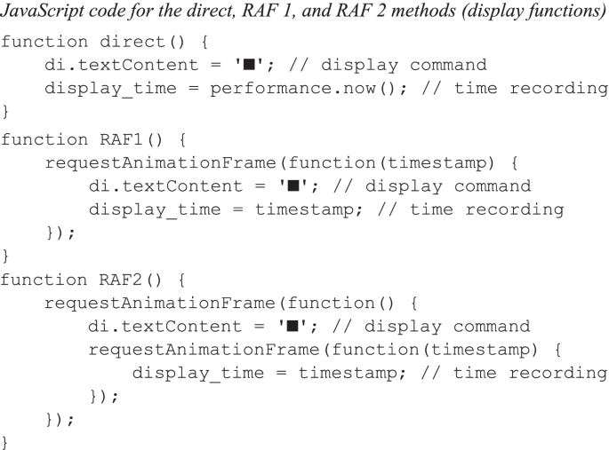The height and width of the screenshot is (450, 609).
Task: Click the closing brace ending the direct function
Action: (6, 113)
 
